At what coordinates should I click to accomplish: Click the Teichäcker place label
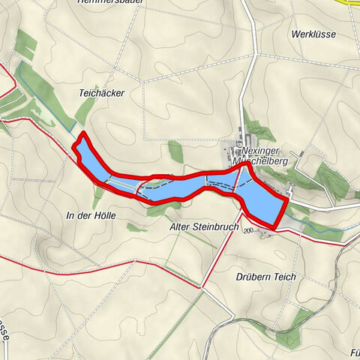[100, 93]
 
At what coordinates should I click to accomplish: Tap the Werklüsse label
[313, 34]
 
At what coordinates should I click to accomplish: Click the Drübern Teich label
[264, 277]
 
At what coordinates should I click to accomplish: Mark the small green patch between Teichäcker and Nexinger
[175, 152]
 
